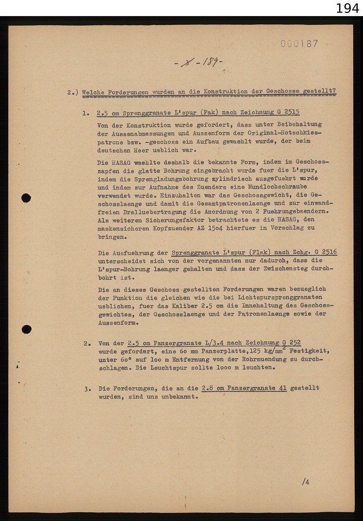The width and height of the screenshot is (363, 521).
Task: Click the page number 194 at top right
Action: click(x=347, y=8)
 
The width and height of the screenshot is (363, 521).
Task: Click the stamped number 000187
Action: click(x=299, y=44)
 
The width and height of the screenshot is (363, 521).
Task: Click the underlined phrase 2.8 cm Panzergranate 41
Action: click(x=244, y=388)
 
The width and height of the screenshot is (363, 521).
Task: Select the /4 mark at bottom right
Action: click(x=305, y=482)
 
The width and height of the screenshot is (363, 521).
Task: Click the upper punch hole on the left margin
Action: click(x=26, y=198)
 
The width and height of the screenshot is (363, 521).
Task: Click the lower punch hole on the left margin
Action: click(x=27, y=329)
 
